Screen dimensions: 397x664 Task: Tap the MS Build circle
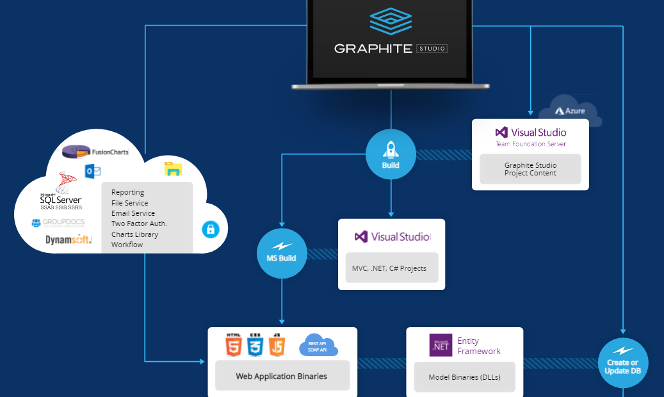click(282, 253)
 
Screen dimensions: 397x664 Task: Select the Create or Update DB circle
click(622, 362)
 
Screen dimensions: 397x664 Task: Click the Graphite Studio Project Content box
click(530, 169)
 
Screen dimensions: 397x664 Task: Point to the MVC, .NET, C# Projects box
click(391, 268)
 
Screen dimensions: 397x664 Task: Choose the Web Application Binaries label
click(282, 376)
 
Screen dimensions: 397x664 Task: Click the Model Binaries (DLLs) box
click(464, 377)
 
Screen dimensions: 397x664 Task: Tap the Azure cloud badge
click(570, 111)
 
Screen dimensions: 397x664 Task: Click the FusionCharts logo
click(95, 152)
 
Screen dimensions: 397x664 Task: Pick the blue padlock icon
click(211, 229)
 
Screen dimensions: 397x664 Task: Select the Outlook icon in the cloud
click(93, 171)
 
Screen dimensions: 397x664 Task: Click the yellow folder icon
click(173, 169)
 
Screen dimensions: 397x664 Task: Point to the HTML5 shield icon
click(233, 345)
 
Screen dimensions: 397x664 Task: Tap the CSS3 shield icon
click(255, 345)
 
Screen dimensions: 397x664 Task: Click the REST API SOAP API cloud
click(318, 345)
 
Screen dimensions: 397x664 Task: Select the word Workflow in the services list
click(127, 245)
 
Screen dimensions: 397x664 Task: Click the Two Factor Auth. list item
click(139, 223)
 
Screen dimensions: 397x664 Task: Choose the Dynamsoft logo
click(69, 240)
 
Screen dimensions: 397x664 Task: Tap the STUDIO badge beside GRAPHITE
click(432, 49)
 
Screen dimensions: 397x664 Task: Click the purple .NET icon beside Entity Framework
click(441, 345)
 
